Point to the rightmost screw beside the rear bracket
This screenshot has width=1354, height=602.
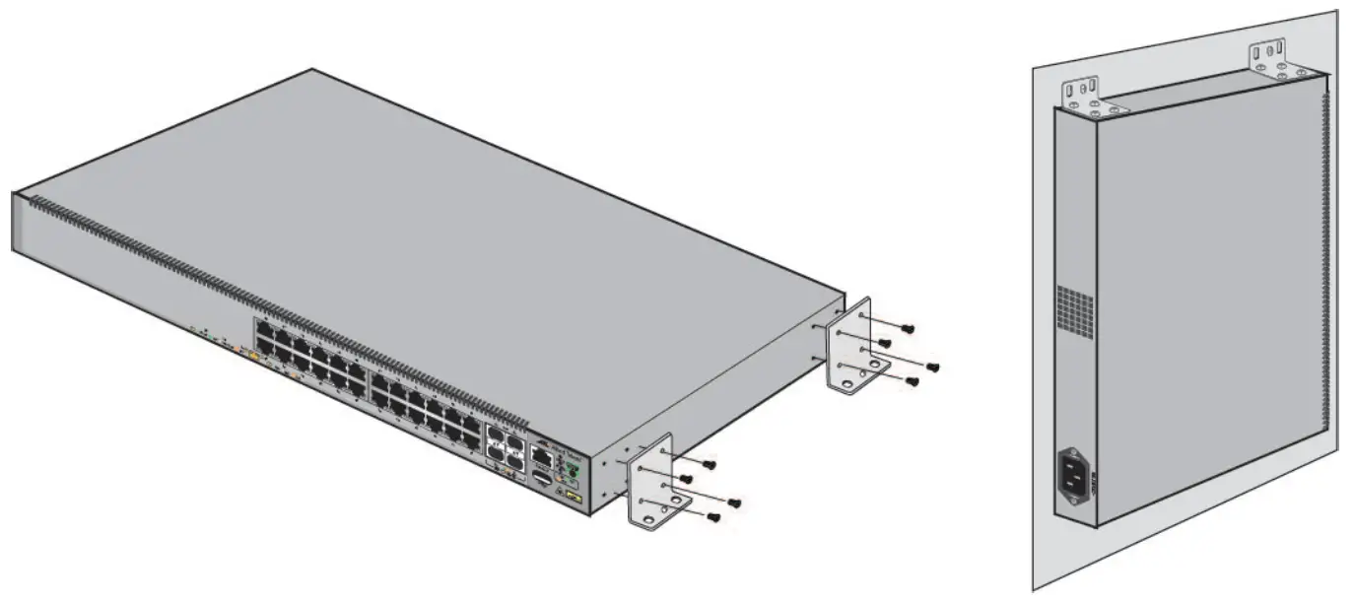click(x=932, y=368)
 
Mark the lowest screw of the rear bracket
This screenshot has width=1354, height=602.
click(x=912, y=380)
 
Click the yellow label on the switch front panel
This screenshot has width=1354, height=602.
click(x=574, y=498)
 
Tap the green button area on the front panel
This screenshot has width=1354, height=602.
click(x=570, y=472)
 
